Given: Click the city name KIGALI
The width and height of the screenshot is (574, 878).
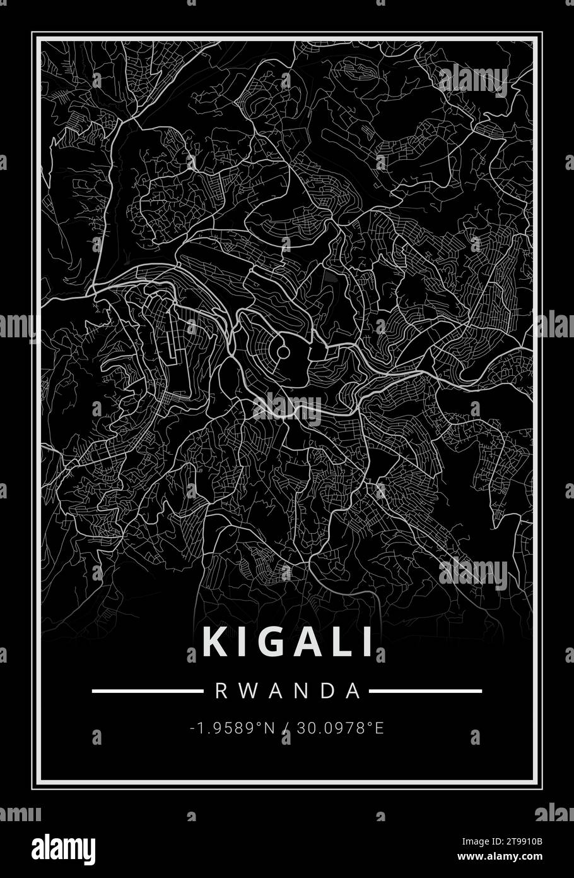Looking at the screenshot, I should (x=288, y=643).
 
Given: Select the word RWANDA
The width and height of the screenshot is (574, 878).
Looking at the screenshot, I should (x=288, y=691).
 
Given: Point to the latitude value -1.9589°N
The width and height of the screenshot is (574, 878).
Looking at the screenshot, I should (x=232, y=728).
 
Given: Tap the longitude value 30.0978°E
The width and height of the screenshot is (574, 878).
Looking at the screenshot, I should (x=340, y=728).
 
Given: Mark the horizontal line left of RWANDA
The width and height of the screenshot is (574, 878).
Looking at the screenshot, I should (x=146, y=691).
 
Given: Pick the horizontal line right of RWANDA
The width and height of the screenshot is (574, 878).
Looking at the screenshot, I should (x=425, y=691).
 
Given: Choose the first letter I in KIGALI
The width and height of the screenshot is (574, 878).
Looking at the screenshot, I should (x=239, y=643).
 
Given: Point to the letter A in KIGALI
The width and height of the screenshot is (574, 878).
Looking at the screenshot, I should (x=302, y=643).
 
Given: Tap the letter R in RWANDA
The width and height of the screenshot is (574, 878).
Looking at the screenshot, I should (x=221, y=691).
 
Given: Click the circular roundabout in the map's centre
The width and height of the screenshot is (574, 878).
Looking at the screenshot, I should (x=283, y=351).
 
